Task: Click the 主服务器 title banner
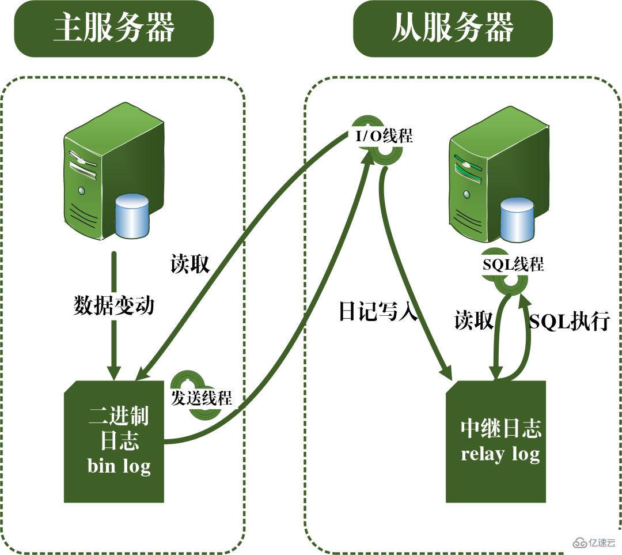pos(113,29)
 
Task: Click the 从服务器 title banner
pos(453,29)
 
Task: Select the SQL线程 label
pos(513,265)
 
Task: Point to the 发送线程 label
pos(201,398)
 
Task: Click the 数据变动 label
pos(114,305)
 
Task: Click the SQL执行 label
pos(569,321)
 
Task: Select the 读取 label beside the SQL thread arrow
pos(473,320)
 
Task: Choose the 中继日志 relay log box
pos(496,441)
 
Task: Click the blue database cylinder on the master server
pos(132,216)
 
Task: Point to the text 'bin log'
pos(119,465)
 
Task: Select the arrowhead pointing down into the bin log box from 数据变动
pos(114,372)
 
